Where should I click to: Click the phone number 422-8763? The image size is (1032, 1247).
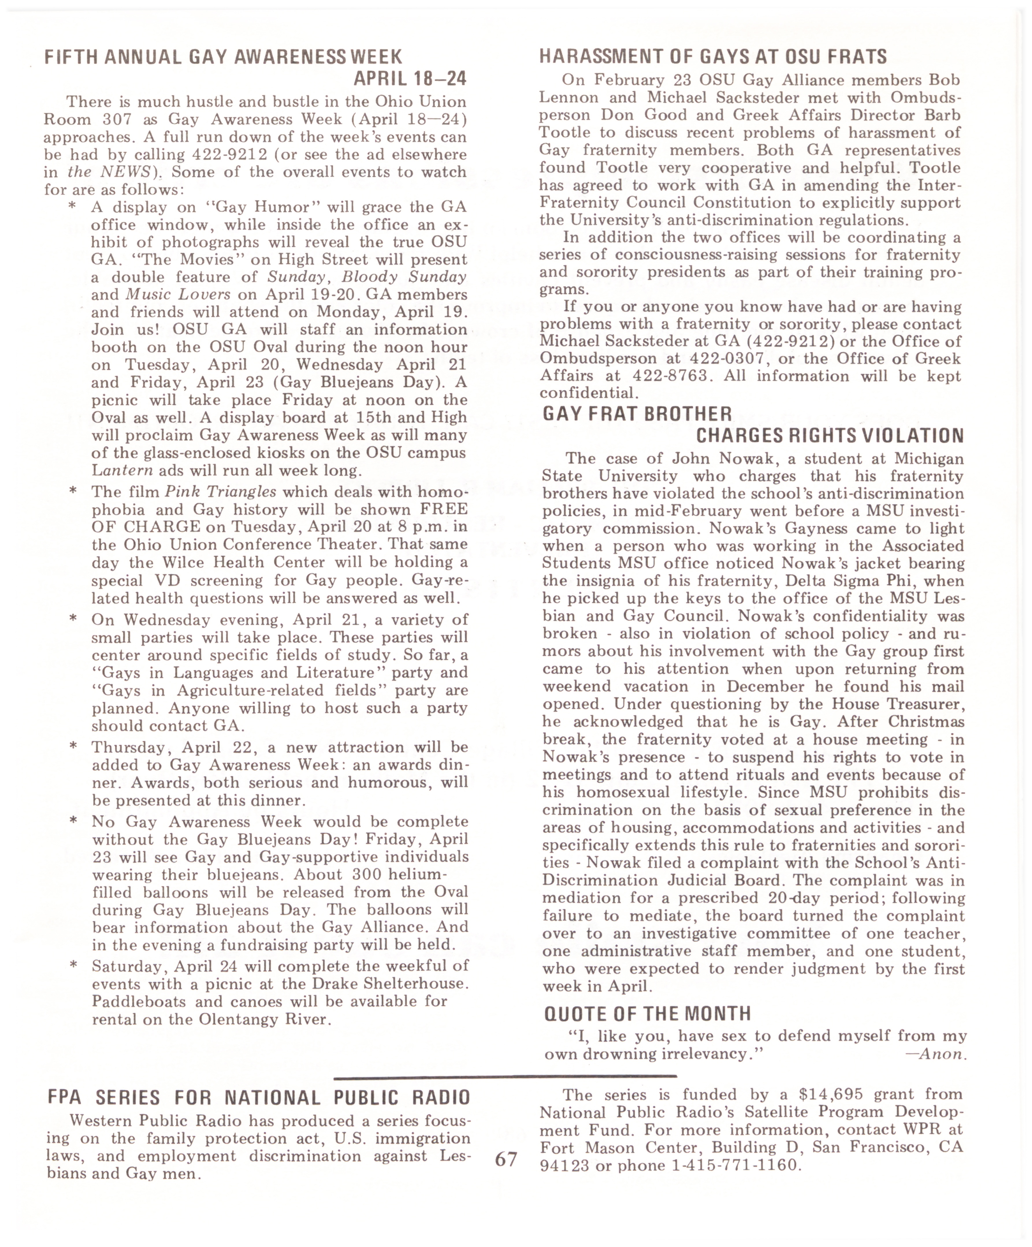point(670,376)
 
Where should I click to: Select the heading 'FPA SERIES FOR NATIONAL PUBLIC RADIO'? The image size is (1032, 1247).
point(259,1097)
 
